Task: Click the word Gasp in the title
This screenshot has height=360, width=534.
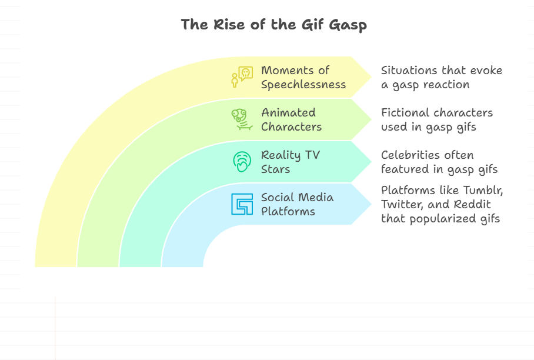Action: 348,25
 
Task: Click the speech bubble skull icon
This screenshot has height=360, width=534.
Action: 242,77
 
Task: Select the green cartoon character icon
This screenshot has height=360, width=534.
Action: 242,119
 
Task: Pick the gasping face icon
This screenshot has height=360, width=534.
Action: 242,162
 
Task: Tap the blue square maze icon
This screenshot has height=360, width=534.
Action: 242,204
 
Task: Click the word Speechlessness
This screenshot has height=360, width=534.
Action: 303,85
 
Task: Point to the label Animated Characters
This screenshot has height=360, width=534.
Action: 292,119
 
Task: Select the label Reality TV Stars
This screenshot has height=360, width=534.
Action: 291,162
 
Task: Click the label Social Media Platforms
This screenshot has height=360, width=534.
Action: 298,204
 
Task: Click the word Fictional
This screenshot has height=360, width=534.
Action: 404,113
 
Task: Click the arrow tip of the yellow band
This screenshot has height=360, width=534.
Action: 371,77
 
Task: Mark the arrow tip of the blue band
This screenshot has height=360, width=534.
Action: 371,204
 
